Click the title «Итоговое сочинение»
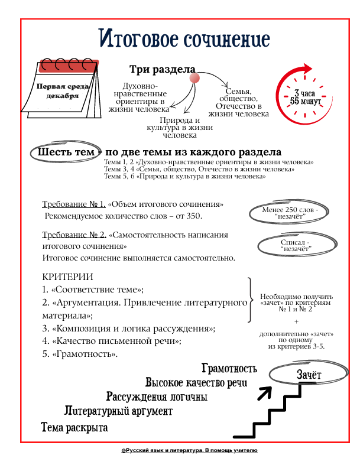pos(184,38)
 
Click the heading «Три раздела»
pos(162,69)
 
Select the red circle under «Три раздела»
pos(194,79)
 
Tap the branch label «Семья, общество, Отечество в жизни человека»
pos(238,102)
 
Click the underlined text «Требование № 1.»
pos(74,204)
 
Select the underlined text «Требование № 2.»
pos(74,235)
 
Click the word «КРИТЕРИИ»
pos(68,277)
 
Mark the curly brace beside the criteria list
pos(250,300)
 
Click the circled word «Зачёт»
pos(309,375)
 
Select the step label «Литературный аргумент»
pos(118,411)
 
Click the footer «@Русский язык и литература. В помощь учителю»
pos(189,450)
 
